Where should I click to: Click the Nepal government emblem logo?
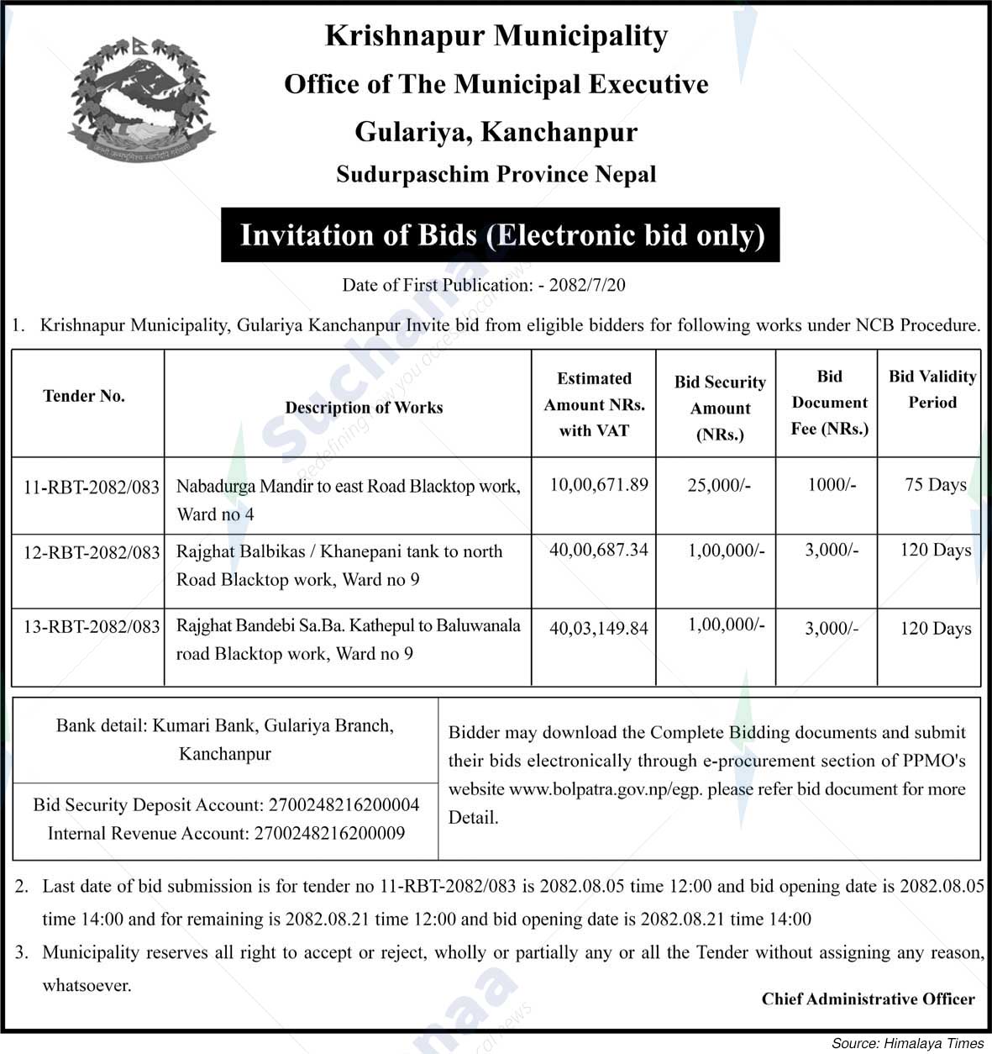139,98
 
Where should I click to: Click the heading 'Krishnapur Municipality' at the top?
496,36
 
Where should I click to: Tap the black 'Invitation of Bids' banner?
501,235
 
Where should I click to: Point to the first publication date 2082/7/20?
587,285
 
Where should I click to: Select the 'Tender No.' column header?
84,396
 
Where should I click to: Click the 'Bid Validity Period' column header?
932,389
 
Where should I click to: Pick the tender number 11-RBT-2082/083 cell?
91,487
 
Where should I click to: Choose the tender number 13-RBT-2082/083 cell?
91,626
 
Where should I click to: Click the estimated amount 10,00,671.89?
599,484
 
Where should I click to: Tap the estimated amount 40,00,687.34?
599,550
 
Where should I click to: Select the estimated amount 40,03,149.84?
599,628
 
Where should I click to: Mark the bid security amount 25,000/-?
719,485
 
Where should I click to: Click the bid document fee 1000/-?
832,485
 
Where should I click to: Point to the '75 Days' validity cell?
936,485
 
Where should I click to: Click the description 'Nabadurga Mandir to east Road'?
348,487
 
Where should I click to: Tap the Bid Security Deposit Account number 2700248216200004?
344,805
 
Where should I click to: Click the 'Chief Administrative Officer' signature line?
868,999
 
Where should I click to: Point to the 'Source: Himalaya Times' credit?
907,1043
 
